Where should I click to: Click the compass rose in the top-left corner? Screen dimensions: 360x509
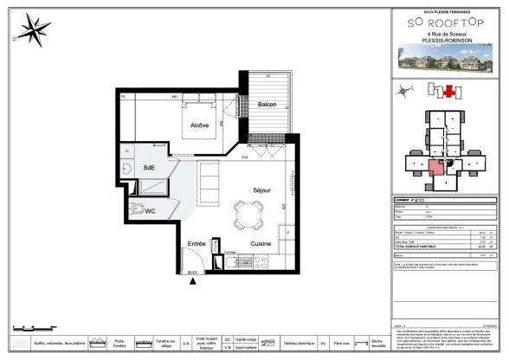coord(32,30)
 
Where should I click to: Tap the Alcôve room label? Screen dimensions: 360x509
coord(200,125)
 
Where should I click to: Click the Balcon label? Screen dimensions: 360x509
coord(267,105)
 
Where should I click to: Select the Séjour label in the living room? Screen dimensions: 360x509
coord(262,190)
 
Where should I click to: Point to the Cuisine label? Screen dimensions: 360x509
coord(261,244)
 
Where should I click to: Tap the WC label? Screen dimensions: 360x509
coord(150,210)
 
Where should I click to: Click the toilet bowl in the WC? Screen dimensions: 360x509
coord(136,209)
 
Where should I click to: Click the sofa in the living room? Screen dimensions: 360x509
coord(208,180)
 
